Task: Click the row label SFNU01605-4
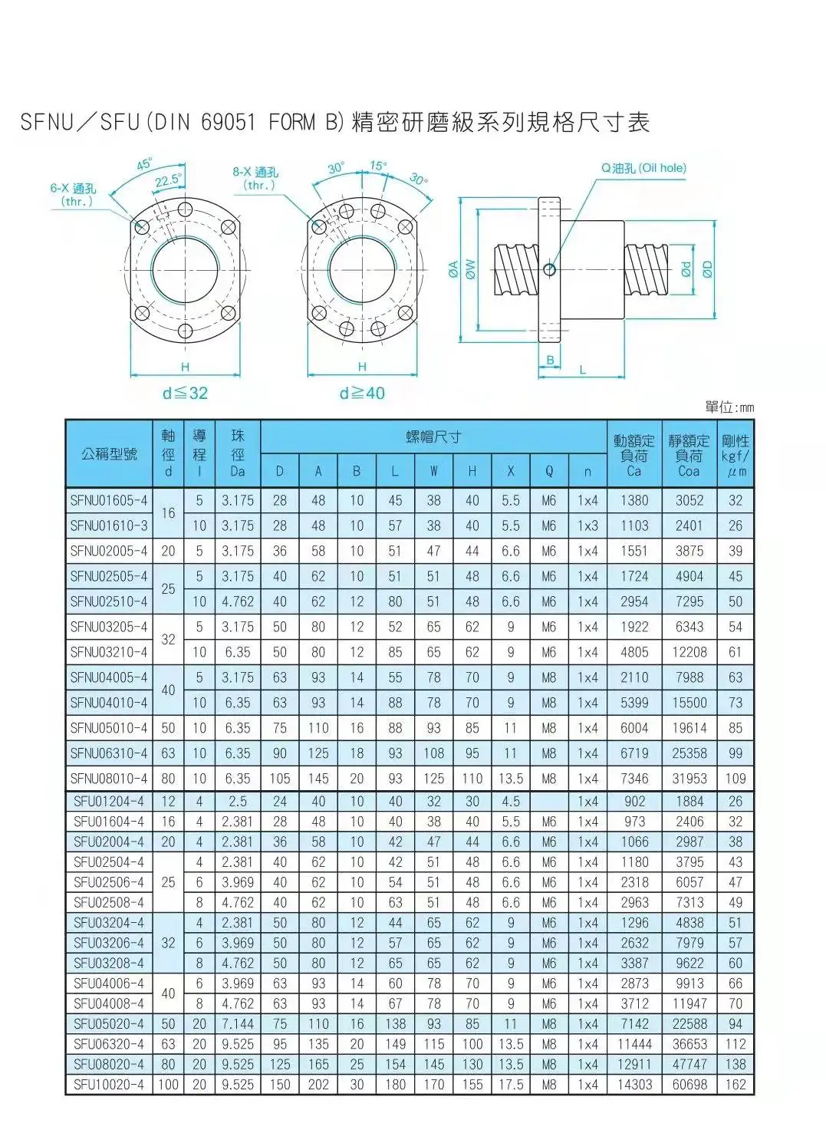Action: (x=108, y=501)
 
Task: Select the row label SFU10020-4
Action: (x=108, y=1085)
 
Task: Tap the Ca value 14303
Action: (x=634, y=1085)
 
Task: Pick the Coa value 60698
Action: (x=689, y=1085)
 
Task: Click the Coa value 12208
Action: (x=689, y=652)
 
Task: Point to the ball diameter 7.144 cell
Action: (x=238, y=1024)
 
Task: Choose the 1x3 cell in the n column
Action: (x=587, y=526)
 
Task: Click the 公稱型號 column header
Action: (x=109, y=454)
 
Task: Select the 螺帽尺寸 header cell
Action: (x=433, y=437)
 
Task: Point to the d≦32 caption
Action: (x=185, y=394)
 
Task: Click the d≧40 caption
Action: (x=362, y=394)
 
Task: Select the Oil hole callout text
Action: (x=643, y=168)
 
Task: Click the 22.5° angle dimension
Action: (x=169, y=180)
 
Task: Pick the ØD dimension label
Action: (x=707, y=268)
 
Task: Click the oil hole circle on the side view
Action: (x=549, y=269)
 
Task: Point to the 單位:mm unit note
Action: (x=729, y=407)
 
